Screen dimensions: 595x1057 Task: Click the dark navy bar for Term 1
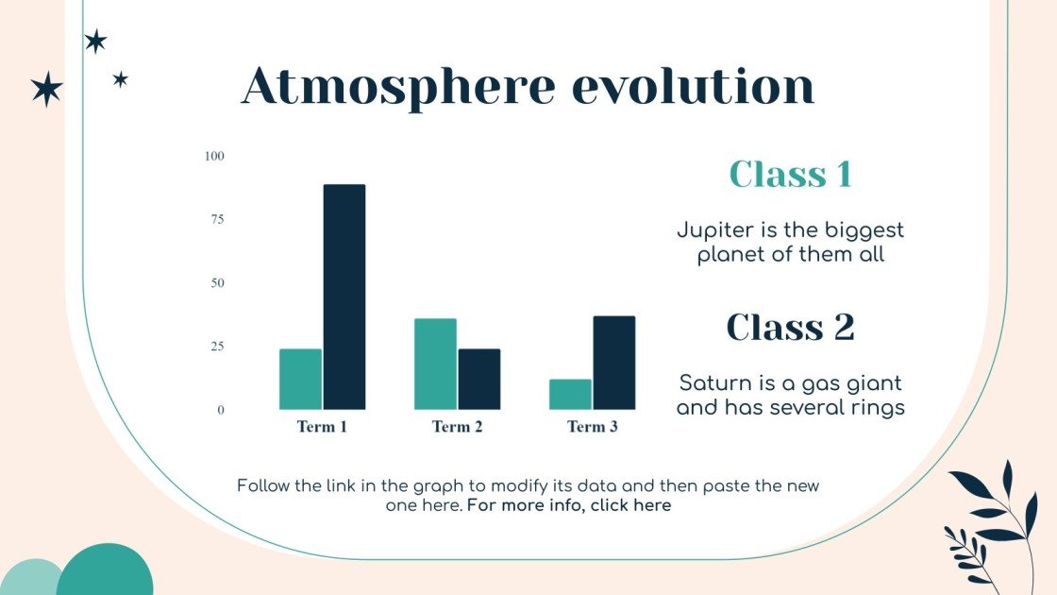point(344,297)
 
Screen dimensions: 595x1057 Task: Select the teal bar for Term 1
point(300,379)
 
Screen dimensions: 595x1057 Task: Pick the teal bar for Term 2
point(435,364)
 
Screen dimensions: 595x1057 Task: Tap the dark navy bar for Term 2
point(479,379)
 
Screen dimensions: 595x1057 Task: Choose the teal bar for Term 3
point(570,394)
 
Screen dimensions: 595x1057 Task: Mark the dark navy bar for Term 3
point(614,363)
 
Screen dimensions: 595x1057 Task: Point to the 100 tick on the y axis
point(215,156)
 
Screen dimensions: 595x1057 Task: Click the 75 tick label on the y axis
point(217,219)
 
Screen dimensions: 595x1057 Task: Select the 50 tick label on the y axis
point(217,283)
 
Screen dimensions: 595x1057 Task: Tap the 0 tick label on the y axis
point(221,410)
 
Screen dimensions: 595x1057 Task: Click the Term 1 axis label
point(323,427)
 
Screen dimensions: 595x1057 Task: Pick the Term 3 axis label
point(593,427)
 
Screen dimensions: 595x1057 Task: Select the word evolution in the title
point(694,87)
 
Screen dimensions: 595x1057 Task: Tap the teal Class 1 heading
point(791,175)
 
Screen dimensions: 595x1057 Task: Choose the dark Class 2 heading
point(791,327)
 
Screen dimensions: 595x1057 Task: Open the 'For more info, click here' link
point(569,505)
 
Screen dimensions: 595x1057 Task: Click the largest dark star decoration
point(46,89)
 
